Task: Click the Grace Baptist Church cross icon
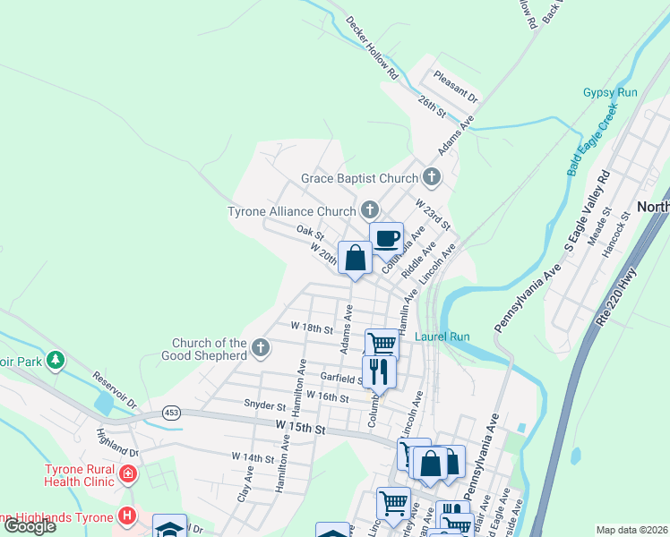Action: coord(432,177)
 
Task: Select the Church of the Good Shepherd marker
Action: coord(261,347)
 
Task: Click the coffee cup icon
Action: coord(386,239)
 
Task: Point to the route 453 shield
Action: coord(172,413)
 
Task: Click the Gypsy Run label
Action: coord(610,92)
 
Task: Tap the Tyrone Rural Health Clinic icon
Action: coord(130,473)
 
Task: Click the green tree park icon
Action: coord(56,360)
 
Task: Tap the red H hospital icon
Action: coord(128,516)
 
